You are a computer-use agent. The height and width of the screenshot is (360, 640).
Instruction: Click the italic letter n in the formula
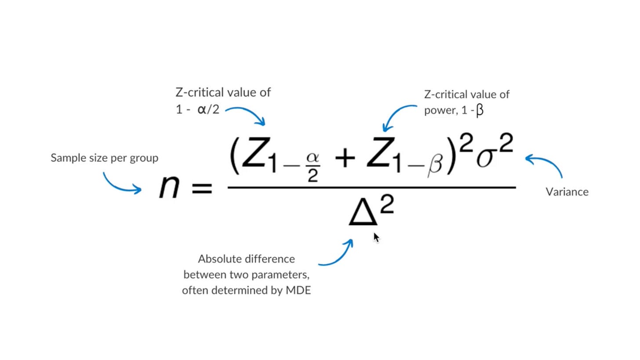click(x=170, y=187)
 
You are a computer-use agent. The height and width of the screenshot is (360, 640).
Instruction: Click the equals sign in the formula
click(x=201, y=189)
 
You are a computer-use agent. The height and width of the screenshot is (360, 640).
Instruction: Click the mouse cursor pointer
click(x=376, y=237)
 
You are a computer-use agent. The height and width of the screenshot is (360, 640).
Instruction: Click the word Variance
click(x=567, y=192)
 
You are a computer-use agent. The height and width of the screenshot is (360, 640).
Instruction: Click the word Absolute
click(x=219, y=258)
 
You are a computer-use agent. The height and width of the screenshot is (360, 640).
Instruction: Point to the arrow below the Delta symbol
click(x=336, y=255)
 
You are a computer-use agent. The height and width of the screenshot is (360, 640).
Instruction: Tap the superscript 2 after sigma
click(x=506, y=145)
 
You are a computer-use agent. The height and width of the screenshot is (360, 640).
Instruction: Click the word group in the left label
click(x=144, y=158)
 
